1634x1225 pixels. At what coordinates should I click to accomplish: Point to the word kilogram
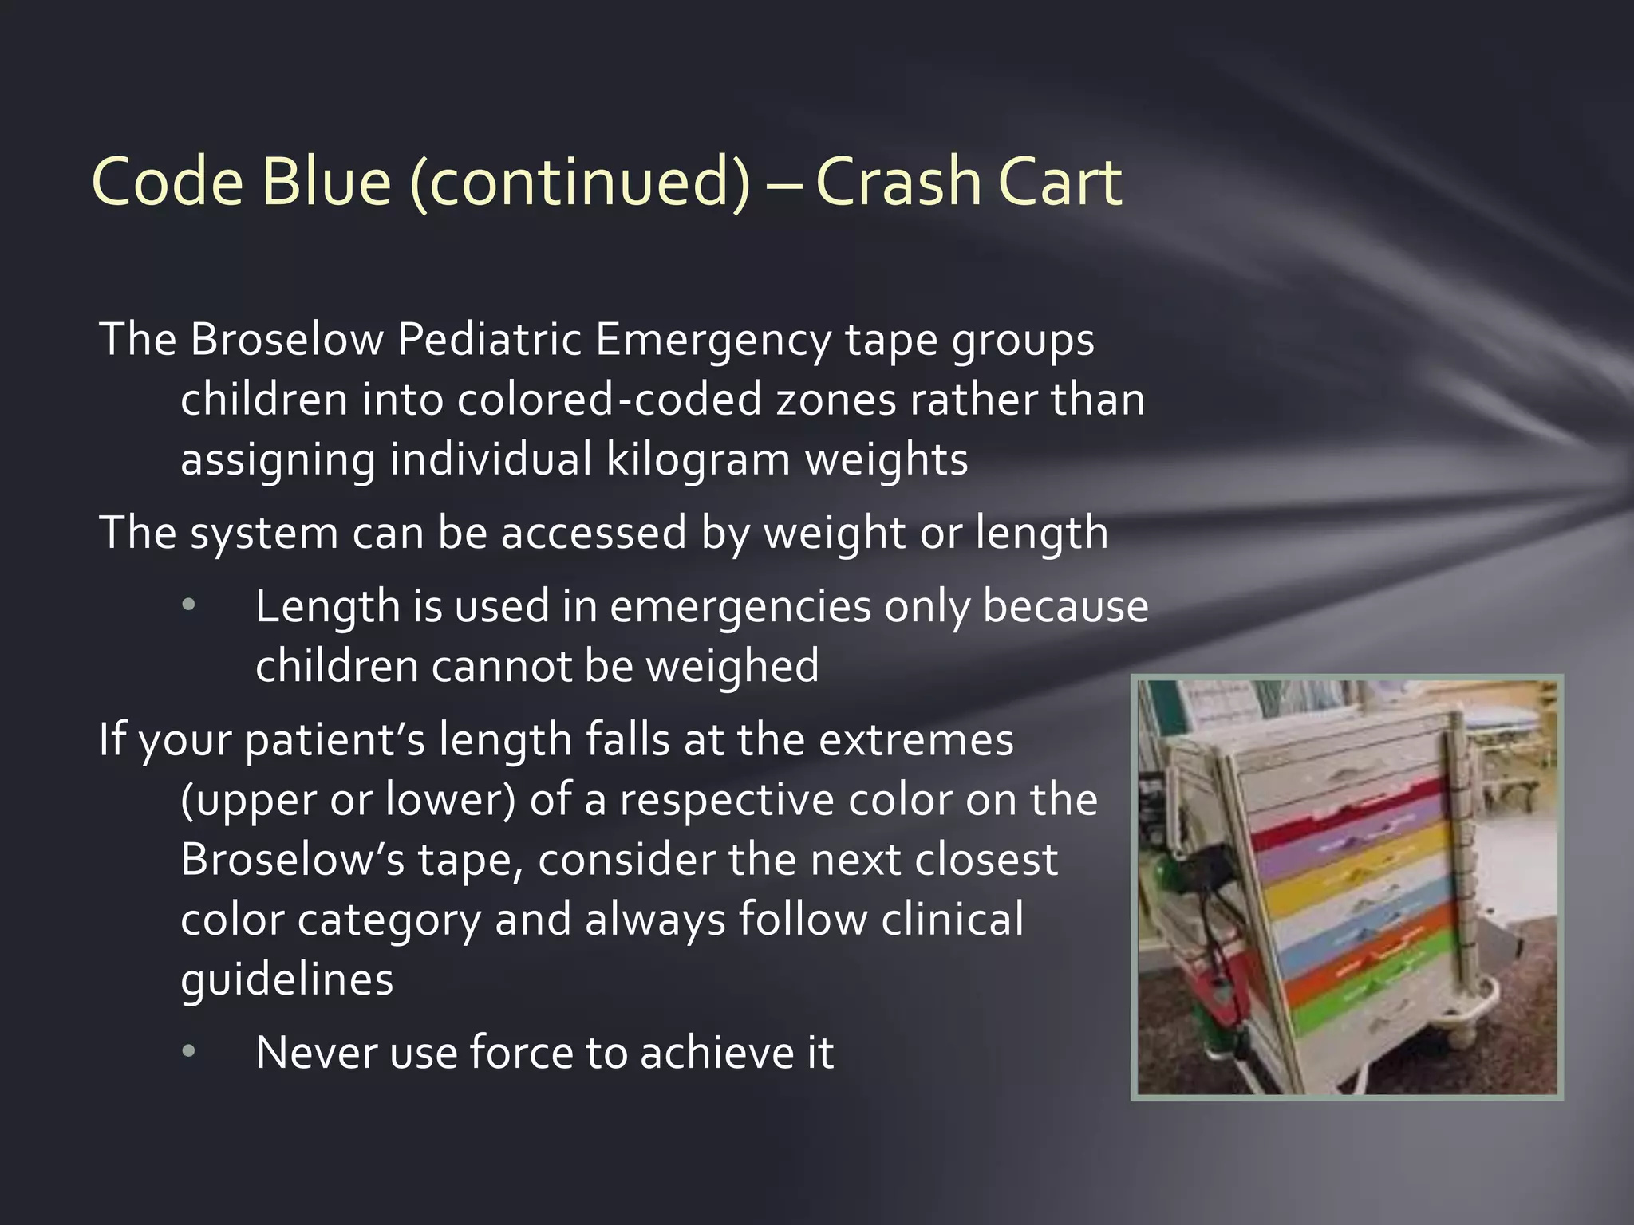pos(698,459)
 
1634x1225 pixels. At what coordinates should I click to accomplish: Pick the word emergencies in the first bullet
pos(740,606)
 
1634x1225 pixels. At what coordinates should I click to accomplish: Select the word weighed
pos(732,666)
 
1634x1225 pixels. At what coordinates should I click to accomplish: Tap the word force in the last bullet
pos(521,1053)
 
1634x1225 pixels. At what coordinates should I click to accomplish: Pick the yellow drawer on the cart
pos(1356,885)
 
